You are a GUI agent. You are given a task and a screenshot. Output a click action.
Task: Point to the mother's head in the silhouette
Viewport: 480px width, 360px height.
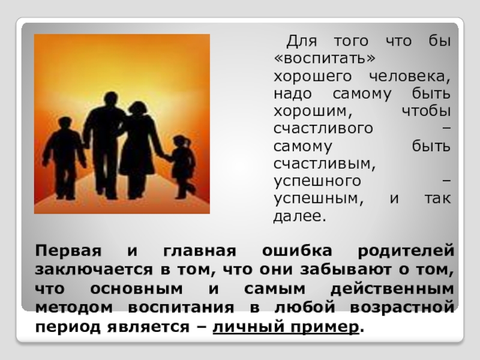[138, 109]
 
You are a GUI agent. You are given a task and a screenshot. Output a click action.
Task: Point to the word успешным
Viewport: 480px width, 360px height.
[317, 198]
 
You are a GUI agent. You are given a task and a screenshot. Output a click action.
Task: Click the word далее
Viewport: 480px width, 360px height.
[299, 215]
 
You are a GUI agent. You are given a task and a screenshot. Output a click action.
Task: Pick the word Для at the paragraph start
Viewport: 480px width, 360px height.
[299, 43]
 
